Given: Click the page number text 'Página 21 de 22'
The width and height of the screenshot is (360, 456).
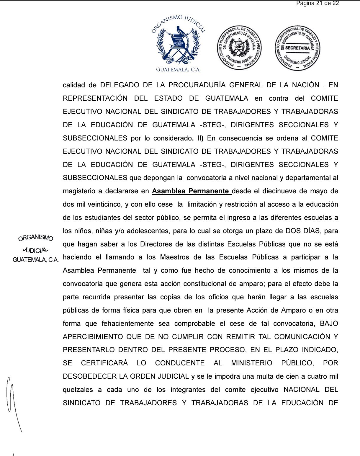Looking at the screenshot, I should (x=318, y=4).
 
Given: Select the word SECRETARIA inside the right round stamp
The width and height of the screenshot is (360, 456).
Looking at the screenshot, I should (x=297, y=48).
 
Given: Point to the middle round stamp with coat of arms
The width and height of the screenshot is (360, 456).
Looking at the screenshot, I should (x=239, y=48).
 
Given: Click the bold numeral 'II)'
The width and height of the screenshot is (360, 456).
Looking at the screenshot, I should (x=200, y=138).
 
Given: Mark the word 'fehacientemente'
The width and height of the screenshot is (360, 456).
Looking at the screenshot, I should (x=127, y=324).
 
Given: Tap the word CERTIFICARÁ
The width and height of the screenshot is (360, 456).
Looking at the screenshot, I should (x=104, y=363).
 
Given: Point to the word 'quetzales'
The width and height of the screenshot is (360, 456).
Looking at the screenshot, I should (x=78, y=390).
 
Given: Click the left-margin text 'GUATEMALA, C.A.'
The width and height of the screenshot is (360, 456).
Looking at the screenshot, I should (x=35, y=260).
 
